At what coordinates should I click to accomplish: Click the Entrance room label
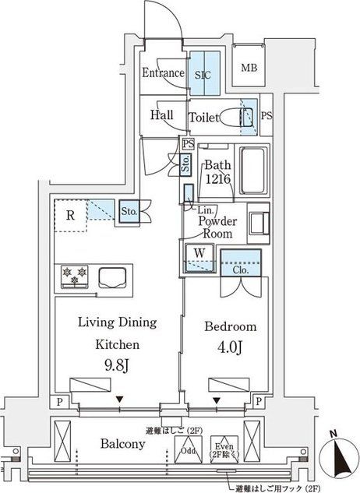(163, 73)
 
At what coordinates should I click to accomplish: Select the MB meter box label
(249, 69)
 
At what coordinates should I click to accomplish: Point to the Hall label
(161, 115)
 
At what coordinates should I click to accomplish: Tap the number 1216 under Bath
(217, 179)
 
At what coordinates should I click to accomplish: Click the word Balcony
(122, 444)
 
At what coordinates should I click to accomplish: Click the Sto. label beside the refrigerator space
(129, 210)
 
